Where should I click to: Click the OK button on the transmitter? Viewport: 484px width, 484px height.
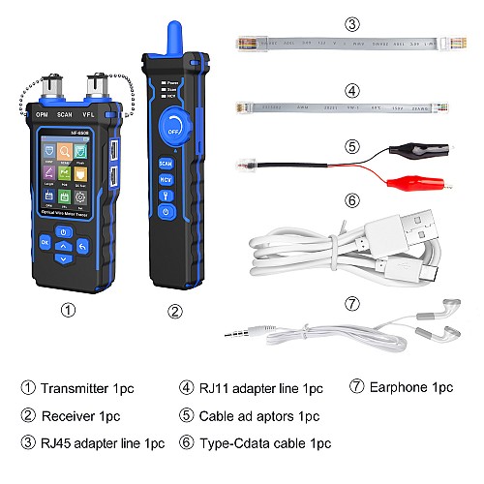tap(44, 240)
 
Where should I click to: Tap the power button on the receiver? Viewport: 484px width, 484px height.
tap(166, 211)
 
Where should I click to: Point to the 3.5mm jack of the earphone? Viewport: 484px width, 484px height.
tap(236, 334)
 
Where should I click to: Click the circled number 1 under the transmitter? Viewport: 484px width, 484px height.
tap(68, 311)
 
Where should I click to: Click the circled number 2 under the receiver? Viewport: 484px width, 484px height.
tap(175, 311)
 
